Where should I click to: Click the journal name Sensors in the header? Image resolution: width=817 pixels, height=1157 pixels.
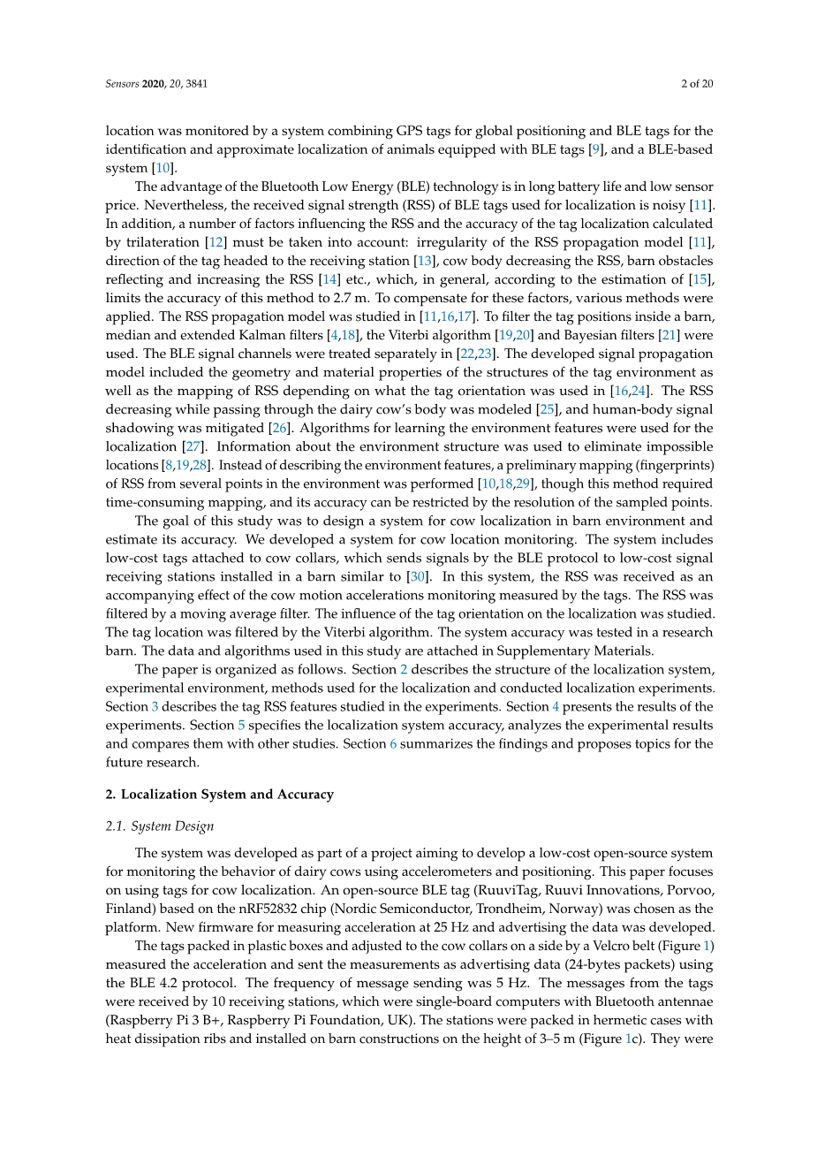(x=122, y=84)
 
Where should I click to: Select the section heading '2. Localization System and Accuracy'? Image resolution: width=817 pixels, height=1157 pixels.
(x=219, y=794)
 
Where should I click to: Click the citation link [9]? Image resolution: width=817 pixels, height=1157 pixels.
(x=597, y=149)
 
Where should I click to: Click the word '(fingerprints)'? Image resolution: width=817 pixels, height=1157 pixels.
(x=669, y=465)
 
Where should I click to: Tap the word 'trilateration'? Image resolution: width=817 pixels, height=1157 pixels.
(x=161, y=242)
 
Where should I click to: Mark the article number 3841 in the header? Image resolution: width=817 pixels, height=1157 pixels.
(x=197, y=84)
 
